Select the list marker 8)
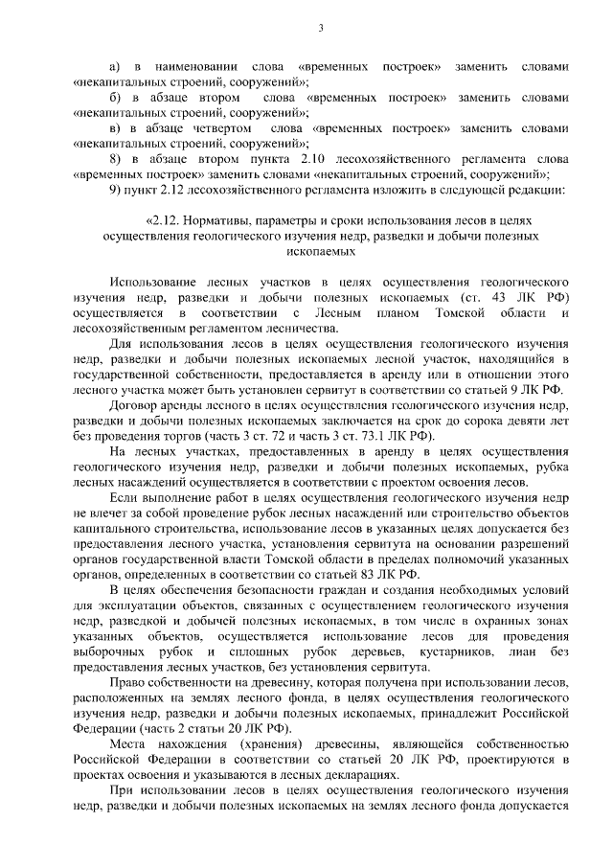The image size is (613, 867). click(x=115, y=158)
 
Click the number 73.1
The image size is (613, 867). click(x=343, y=436)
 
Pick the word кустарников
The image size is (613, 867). click(x=469, y=650)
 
